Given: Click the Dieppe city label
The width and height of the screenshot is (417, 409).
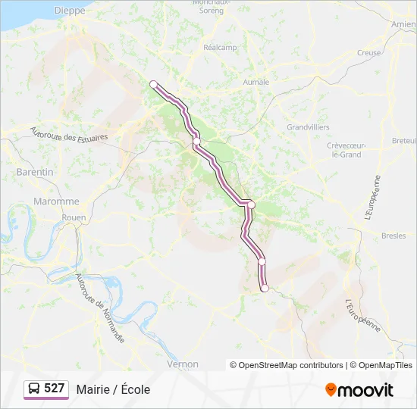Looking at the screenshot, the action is (x=71, y=11).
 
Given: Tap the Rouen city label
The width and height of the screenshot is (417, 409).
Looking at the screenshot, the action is (x=74, y=217).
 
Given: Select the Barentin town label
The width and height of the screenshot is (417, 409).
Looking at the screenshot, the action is (x=35, y=172).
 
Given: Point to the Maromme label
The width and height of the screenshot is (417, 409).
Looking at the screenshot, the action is (x=56, y=201).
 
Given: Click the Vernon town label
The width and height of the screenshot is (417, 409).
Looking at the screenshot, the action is (x=182, y=364).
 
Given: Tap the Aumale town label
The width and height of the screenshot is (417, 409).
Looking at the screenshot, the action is (x=256, y=82).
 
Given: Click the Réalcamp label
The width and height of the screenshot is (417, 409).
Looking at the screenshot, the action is (x=221, y=47).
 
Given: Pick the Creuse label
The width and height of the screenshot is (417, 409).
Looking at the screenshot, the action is (x=368, y=53).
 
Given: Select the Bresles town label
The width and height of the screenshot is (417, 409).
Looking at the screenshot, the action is (x=393, y=236).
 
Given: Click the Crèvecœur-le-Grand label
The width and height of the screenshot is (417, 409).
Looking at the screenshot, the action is (x=347, y=149).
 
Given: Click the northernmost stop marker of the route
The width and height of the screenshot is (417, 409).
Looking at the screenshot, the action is (x=153, y=84).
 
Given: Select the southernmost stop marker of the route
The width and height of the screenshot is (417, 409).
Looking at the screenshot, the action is (x=265, y=288).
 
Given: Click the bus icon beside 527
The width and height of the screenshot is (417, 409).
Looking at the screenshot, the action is (x=34, y=389).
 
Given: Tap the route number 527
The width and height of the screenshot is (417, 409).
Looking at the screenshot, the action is (x=55, y=389).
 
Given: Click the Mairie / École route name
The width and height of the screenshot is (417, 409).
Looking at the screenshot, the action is (x=113, y=389).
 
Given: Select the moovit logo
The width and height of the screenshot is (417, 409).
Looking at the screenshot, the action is (x=359, y=389).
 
